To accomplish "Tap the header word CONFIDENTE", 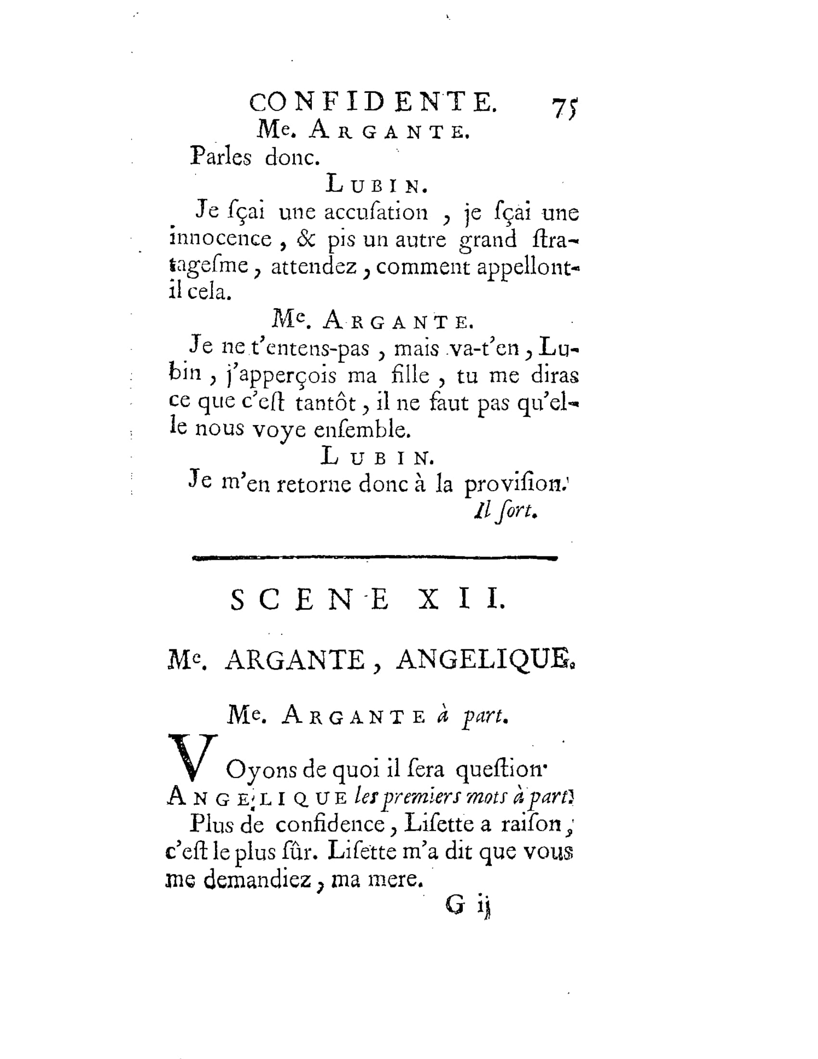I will click(x=372, y=103).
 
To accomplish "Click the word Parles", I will click(x=221, y=156).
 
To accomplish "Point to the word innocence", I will click(x=220, y=239).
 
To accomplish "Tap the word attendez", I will click(x=314, y=267).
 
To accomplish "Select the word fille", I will click(x=410, y=375).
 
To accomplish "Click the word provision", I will click(x=514, y=484).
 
